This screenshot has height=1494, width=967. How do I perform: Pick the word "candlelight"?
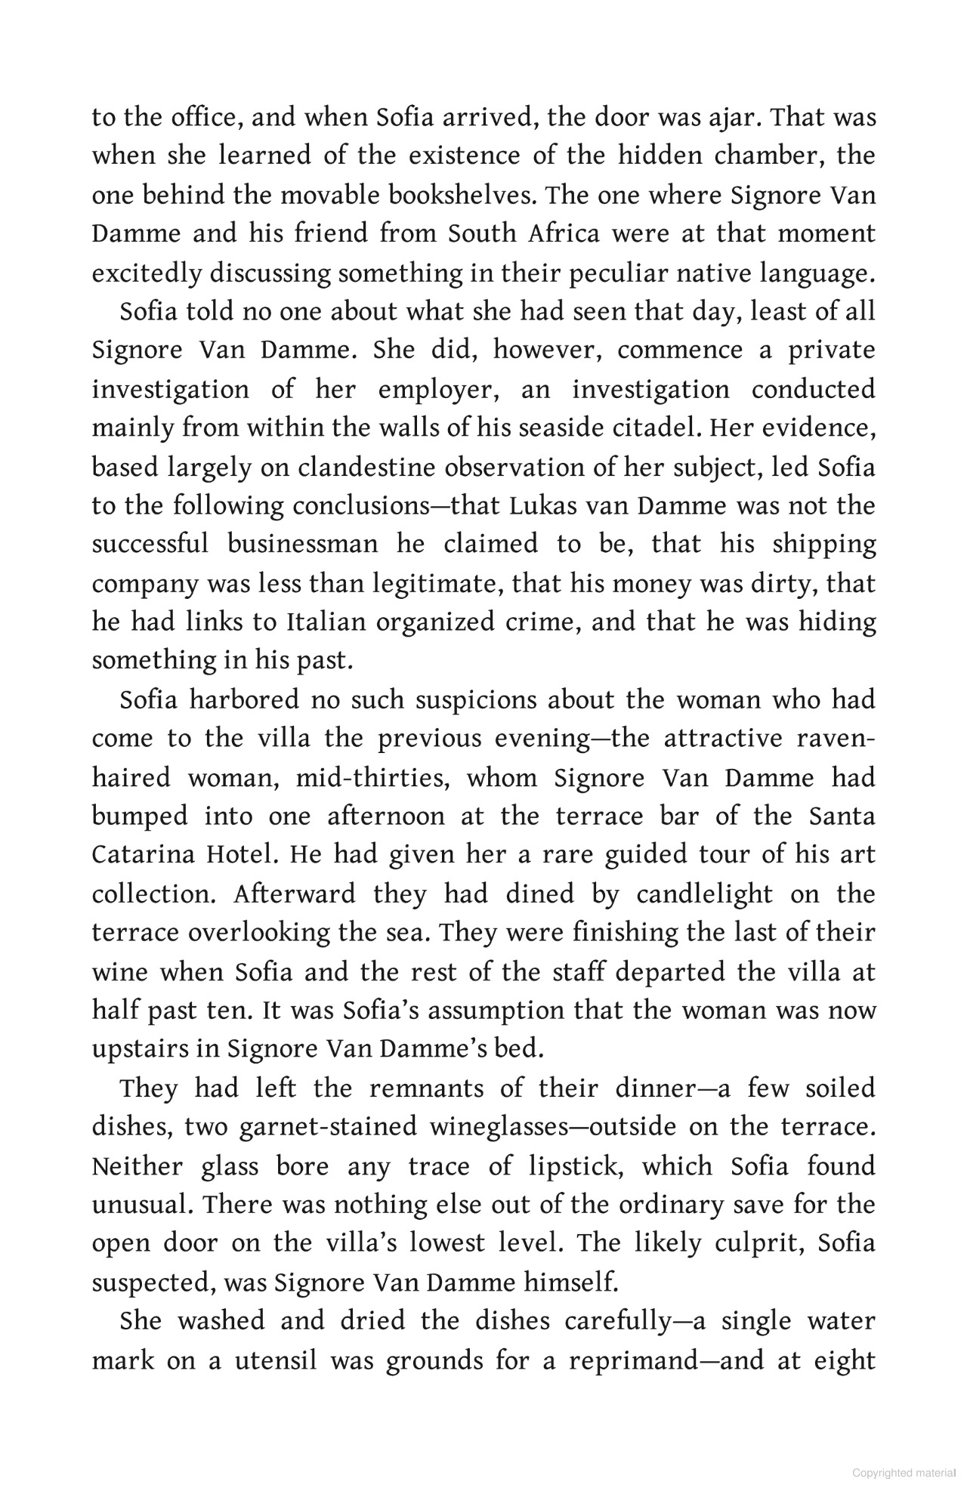pyautogui.click(x=704, y=894)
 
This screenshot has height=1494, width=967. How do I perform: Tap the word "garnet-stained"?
pyautogui.click(x=328, y=1127)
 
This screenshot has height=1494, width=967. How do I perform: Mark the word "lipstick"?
pyautogui.click(x=573, y=1167)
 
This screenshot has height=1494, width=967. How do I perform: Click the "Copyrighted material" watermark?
pyautogui.click(x=903, y=1474)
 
